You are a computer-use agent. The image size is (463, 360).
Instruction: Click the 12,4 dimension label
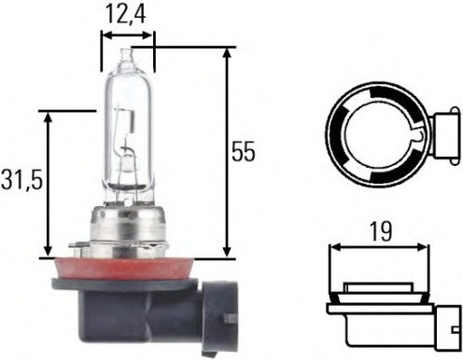126,14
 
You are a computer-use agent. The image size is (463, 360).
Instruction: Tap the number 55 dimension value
244,152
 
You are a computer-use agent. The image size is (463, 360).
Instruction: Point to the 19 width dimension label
381,231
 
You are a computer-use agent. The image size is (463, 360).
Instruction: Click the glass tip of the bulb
128,55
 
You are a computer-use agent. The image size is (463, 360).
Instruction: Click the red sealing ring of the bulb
125,269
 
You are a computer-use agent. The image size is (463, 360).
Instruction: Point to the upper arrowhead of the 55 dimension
227,53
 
